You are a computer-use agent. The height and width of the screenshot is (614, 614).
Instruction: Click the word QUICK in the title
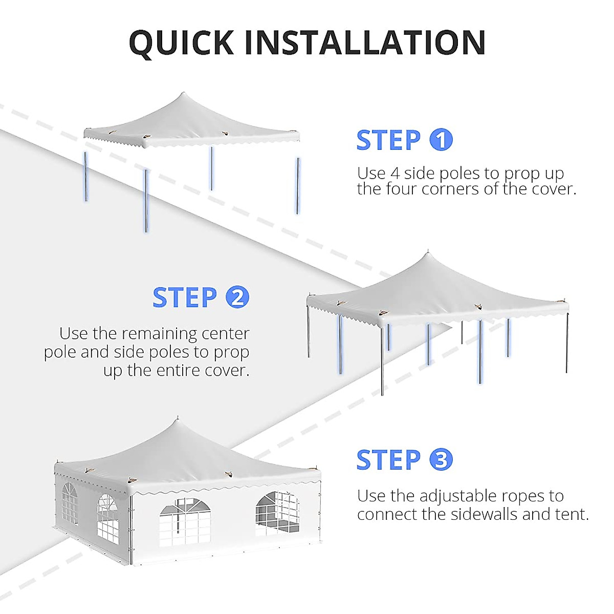click(x=182, y=42)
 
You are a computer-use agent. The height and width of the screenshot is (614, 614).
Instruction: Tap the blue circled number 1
click(x=441, y=140)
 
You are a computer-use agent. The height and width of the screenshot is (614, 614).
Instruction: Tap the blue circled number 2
click(x=237, y=297)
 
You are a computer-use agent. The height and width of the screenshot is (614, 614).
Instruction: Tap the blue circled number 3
click(x=441, y=459)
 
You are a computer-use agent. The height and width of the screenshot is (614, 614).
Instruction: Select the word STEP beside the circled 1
click(x=388, y=140)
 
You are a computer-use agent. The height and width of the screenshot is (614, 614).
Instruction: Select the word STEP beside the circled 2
click(x=185, y=297)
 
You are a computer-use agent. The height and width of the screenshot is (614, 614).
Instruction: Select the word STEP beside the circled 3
click(x=388, y=459)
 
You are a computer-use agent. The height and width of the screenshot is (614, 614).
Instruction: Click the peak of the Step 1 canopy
click(x=183, y=94)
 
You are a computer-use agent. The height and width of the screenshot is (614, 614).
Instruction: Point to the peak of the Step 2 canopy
click(x=427, y=253)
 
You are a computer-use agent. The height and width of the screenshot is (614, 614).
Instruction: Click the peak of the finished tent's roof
click(x=178, y=419)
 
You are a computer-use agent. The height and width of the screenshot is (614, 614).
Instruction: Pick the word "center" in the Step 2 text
click(x=225, y=334)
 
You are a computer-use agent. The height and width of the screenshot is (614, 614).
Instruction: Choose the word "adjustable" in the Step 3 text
click(x=458, y=496)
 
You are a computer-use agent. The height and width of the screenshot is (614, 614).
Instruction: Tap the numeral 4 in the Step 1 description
click(x=394, y=173)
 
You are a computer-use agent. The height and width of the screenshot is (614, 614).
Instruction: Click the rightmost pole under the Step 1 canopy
click(x=297, y=185)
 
